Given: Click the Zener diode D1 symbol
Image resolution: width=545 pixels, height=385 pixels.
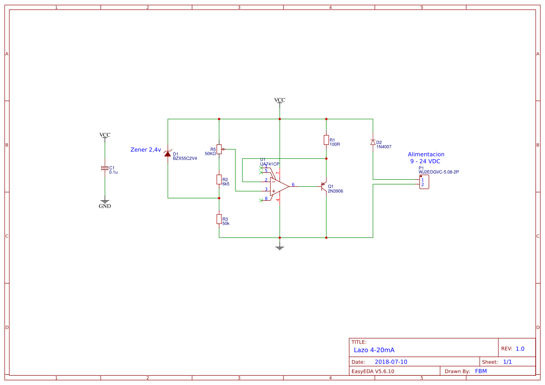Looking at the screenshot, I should point(167,153).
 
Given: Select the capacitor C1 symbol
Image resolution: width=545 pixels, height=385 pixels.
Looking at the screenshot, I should point(105,168).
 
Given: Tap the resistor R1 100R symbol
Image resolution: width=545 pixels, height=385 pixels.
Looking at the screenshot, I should point(326,140).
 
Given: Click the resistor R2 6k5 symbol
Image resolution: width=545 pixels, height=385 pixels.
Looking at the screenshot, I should point(219,180).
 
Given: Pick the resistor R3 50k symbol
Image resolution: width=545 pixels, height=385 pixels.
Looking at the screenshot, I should point(219,219).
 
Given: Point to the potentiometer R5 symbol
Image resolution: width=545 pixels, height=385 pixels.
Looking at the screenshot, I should point(219,149).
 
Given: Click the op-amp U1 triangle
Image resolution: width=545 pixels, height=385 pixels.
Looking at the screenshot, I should point(278,186).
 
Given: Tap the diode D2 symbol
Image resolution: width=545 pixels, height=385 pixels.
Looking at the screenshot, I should point(373,142).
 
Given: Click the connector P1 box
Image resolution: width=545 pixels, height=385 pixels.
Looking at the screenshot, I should point(424,182).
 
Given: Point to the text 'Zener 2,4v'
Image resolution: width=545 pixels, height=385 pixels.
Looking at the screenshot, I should point(145,150).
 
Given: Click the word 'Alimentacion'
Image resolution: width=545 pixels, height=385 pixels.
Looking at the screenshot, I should point(426,154).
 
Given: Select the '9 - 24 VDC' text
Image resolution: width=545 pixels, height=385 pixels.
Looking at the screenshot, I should point(425,161).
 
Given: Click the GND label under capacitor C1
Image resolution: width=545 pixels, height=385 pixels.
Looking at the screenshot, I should point(105,206).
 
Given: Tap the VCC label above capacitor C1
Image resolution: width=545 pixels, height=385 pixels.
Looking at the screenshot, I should point(105,135).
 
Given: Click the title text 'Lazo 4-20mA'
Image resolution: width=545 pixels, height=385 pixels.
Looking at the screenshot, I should point(374,350).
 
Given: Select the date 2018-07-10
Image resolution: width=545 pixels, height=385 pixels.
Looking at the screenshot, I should point(391,362).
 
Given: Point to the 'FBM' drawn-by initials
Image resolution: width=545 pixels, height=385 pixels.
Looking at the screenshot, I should point(481,371).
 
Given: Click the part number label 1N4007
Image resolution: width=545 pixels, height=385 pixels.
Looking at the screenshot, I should point(384,147).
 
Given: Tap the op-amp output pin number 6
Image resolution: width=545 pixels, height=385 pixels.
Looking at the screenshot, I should point(293,185).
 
